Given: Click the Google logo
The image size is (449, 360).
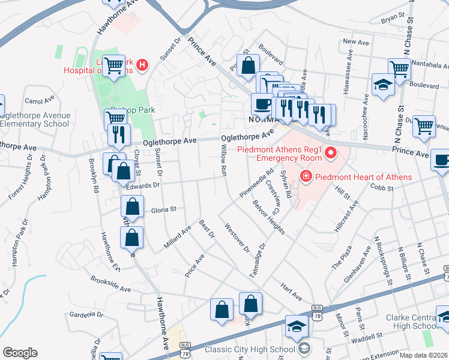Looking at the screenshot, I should [x=20, y=353].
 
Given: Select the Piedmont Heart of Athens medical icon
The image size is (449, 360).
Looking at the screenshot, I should [x=306, y=176].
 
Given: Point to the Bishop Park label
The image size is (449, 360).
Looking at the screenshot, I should [x=129, y=110].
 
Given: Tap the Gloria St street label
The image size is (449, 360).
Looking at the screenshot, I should [x=163, y=210].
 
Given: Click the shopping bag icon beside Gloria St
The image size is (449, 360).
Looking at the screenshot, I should [x=132, y=208].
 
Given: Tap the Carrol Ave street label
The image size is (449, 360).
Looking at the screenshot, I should [x=40, y=101].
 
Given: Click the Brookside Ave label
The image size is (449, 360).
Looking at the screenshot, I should [x=110, y=284].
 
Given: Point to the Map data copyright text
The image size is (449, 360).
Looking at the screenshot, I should [x=424, y=355].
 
